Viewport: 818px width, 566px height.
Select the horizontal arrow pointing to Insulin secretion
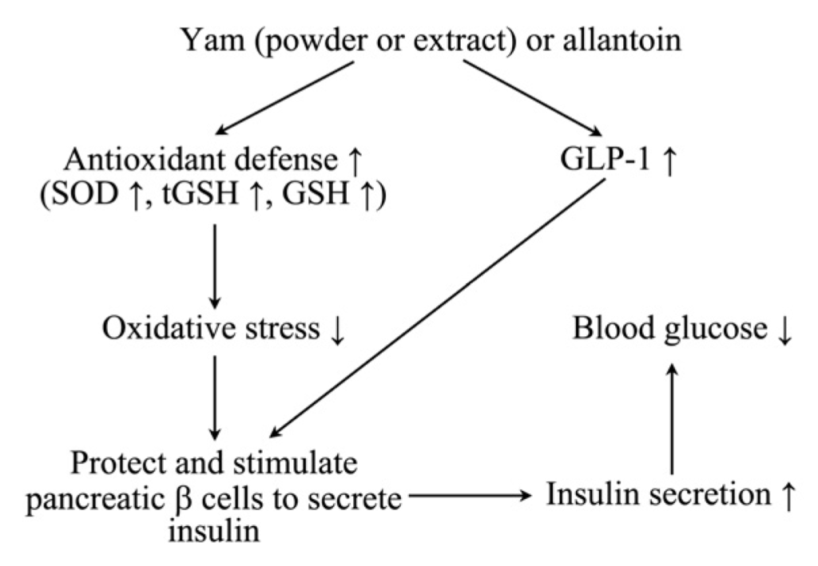(x=471, y=497)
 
